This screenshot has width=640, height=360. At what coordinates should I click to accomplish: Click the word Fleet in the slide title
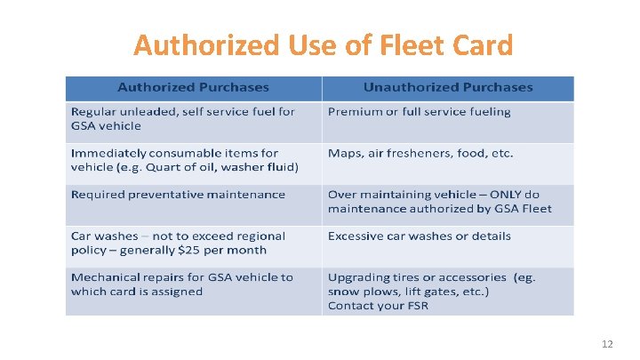point(406,44)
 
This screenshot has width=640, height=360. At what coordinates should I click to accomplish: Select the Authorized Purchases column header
point(193,87)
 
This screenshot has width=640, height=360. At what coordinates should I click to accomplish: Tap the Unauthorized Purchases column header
point(448,87)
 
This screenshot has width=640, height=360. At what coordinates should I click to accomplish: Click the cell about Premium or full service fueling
point(419,111)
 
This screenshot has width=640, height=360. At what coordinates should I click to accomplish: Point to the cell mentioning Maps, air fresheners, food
point(420,153)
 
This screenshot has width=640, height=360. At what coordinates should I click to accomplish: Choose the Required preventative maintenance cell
point(178,194)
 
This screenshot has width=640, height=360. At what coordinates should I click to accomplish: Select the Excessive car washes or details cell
point(419,236)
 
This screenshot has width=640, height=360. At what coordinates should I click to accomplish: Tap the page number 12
point(608,344)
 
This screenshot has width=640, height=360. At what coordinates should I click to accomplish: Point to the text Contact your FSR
point(379,305)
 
